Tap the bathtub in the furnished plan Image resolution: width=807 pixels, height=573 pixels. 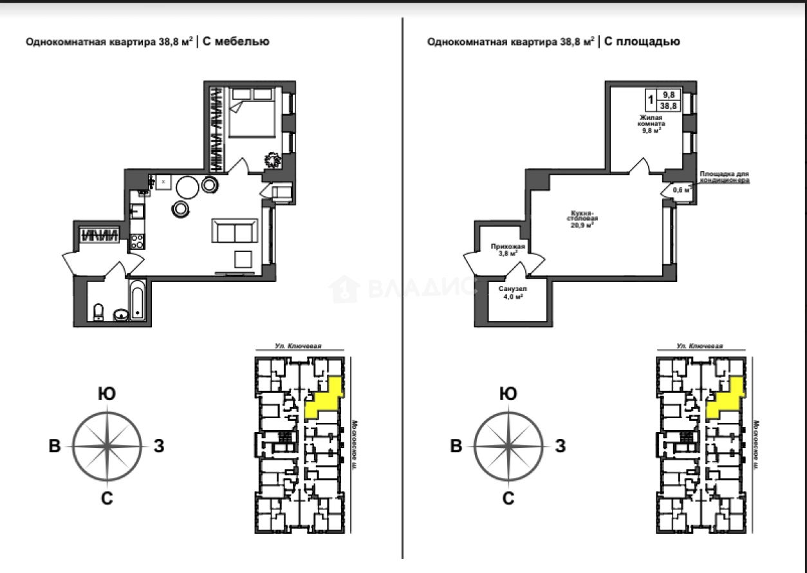point(138,300)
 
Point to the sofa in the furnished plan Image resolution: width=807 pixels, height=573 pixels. point(236,230)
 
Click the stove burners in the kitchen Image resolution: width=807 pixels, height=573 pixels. point(136,241)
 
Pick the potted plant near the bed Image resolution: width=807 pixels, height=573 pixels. point(273,158)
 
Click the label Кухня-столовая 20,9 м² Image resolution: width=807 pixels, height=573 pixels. point(580,220)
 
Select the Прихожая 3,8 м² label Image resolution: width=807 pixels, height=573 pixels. point(508,250)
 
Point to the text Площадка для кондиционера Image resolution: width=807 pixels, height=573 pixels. point(725,178)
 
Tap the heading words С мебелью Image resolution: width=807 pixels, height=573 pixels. point(236,42)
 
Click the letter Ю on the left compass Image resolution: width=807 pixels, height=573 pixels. point(107,394)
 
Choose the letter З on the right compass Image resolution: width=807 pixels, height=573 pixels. point(560,446)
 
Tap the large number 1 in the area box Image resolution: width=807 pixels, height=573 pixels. point(652,100)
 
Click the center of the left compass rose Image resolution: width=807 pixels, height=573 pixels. point(107,446)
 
